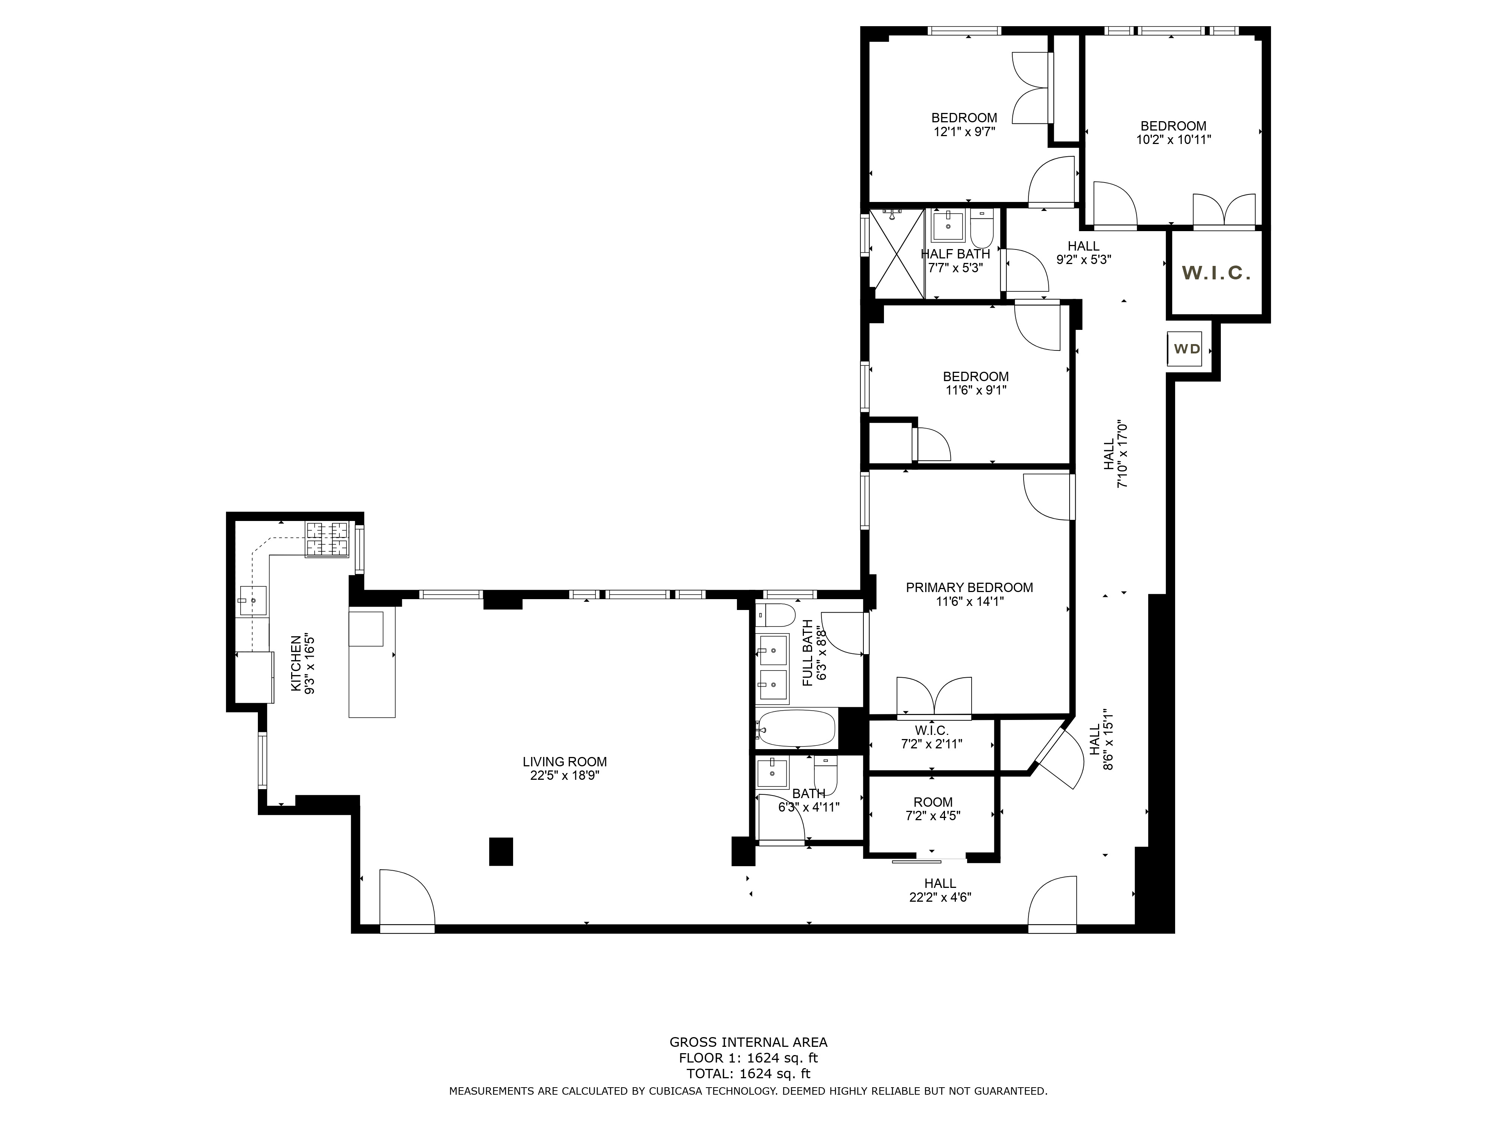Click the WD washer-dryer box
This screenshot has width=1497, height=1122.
(1185, 349)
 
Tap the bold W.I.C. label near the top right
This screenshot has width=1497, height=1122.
(1216, 273)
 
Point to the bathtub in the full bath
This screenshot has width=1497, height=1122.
(796, 729)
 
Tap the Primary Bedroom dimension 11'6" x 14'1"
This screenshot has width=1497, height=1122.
(969, 601)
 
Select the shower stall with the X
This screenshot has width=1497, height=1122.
(897, 254)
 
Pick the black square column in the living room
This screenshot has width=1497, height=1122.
(501, 852)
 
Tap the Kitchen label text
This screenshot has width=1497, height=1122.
(296, 663)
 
